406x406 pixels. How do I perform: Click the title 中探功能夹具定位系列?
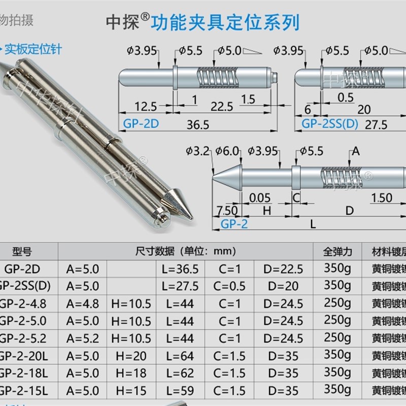[201, 22]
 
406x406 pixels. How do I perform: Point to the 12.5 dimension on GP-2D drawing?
[146, 106]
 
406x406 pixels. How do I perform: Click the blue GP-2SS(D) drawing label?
[327, 124]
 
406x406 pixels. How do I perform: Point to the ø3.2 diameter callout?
[198, 150]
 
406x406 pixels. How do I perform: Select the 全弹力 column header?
[337, 251]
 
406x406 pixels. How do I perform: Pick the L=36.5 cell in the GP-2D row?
[180, 269]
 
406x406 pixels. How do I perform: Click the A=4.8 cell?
[83, 303]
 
